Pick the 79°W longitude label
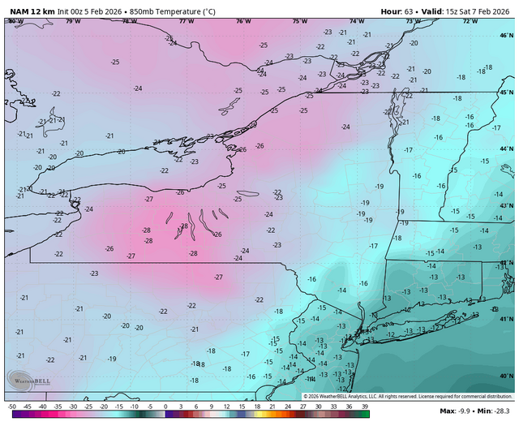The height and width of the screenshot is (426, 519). [73, 21]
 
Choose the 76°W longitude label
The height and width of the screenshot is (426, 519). [242, 21]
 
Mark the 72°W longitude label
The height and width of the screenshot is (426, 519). [470, 21]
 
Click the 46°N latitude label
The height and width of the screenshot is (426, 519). [506, 37]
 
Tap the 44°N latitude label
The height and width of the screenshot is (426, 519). [506, 148]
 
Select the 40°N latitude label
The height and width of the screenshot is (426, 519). [506, 376]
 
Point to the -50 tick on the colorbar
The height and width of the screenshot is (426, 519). [12, 405]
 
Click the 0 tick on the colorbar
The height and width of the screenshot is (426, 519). [166, 405]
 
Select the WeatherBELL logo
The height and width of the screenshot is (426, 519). [25, 380]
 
